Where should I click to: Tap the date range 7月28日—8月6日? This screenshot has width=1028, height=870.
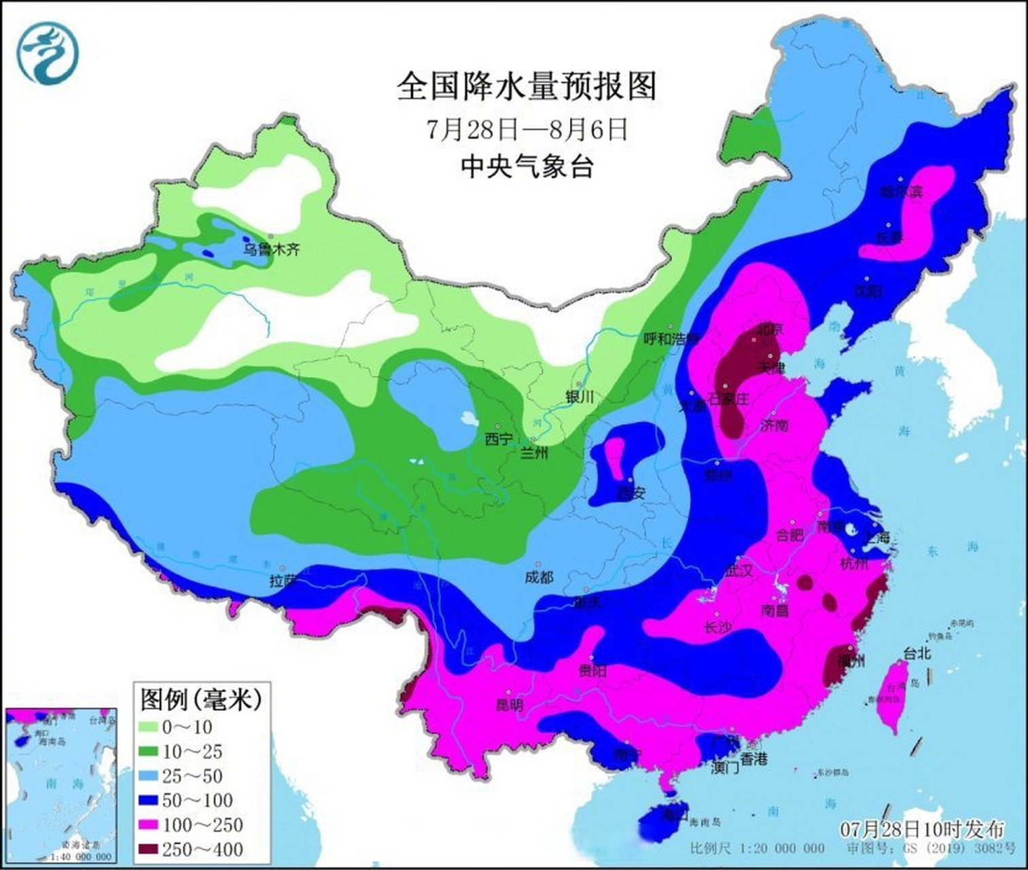527,129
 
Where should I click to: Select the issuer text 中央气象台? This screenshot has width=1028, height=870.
527,166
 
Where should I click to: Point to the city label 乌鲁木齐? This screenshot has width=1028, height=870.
272,249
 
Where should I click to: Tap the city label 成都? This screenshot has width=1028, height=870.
539,578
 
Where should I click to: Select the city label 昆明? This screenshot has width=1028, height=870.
510,705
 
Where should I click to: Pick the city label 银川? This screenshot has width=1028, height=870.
580,397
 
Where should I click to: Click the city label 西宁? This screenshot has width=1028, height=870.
499,439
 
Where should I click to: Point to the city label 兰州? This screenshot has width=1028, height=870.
533,453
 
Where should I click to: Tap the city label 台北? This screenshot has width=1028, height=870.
917,653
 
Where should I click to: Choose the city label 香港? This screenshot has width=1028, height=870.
753,759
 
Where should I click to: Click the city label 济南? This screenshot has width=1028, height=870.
774,425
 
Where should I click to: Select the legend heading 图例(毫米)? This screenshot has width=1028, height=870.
201,698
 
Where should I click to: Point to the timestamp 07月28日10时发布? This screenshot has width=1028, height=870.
921,829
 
